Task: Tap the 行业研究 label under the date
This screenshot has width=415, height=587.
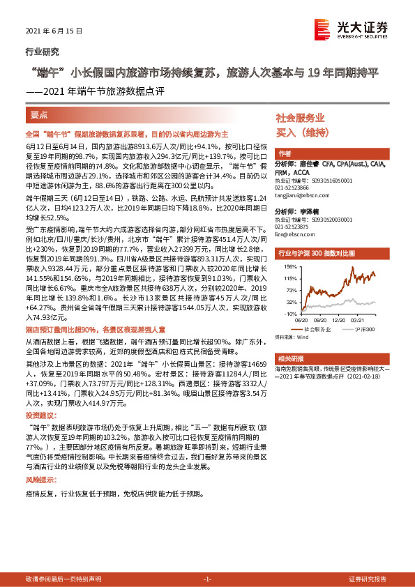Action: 42,51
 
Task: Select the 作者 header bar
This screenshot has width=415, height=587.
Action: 285,153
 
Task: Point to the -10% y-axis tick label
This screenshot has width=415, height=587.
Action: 287,314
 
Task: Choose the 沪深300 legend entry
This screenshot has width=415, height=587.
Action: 365,328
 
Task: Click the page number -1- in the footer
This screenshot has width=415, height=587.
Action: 206,579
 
